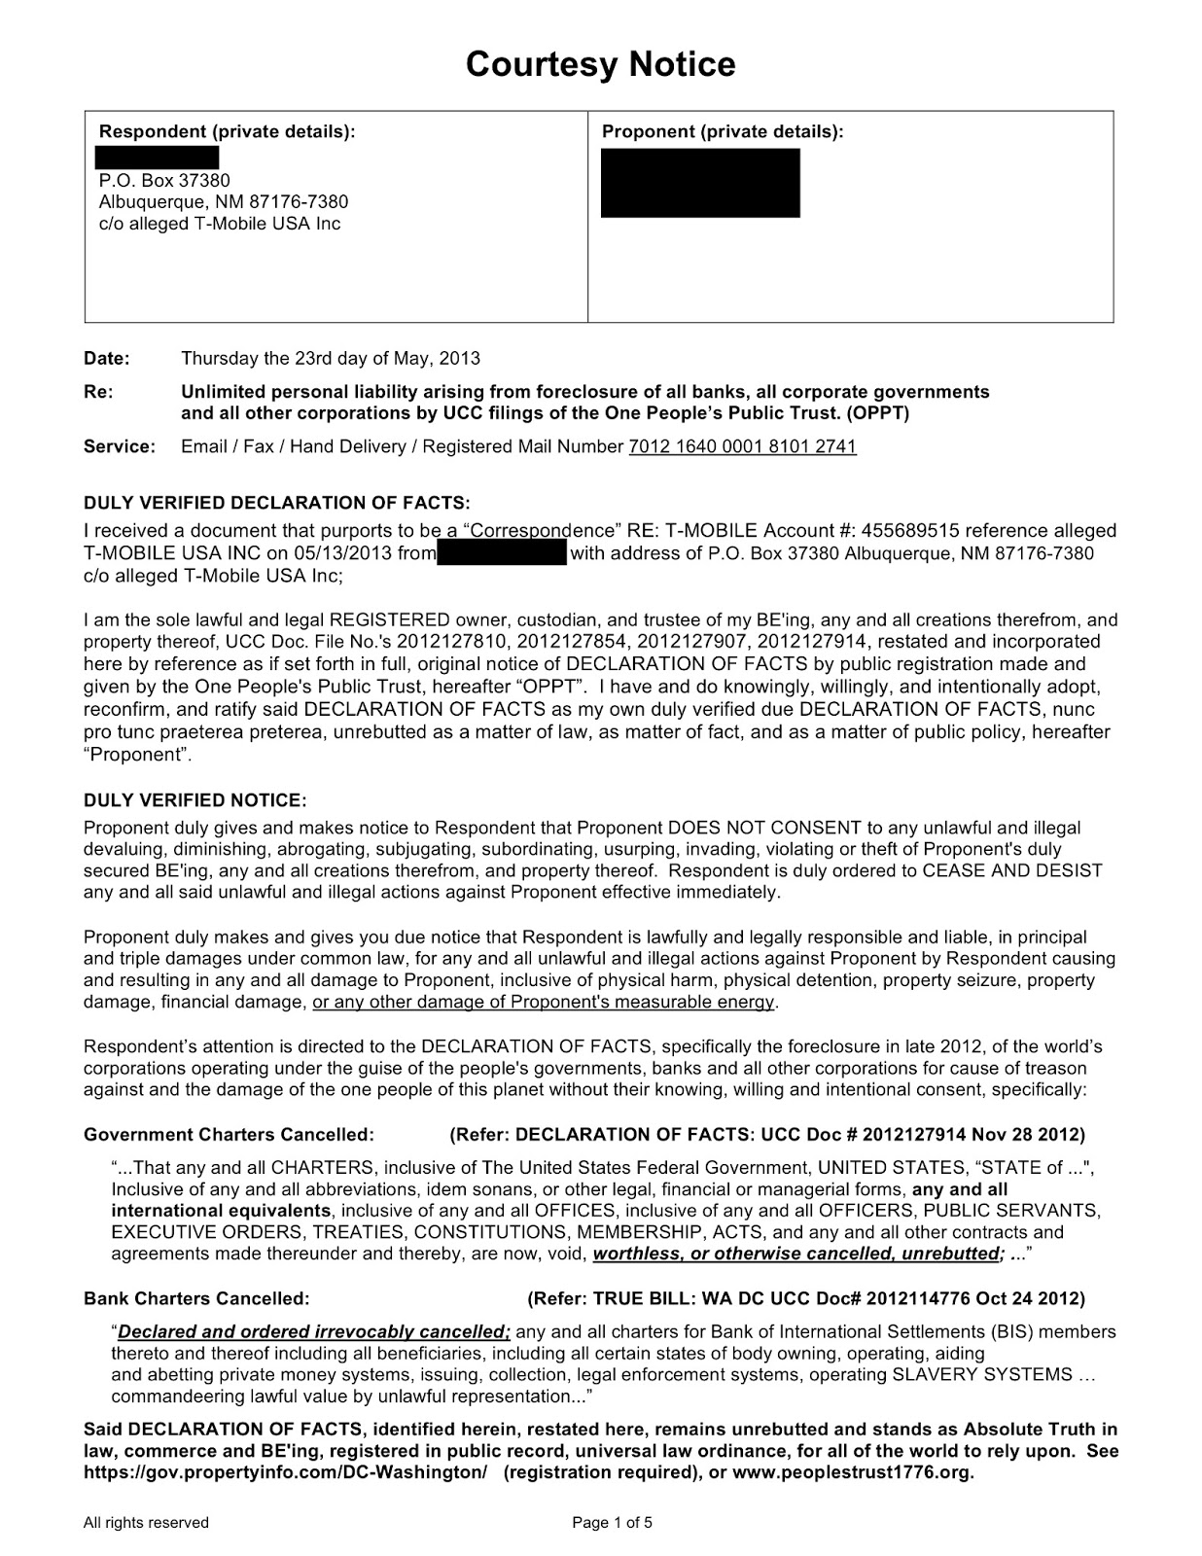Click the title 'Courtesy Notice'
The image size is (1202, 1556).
click(600, 64)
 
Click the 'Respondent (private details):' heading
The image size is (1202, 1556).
click(228, 131)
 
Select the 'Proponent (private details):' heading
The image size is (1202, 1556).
click(723, 131)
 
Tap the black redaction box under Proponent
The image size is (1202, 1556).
click(700, 183)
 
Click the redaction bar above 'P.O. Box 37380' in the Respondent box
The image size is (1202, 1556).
click(157, 158)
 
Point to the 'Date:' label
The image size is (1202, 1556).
click(106, 358)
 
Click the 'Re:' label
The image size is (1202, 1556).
click(97, 392)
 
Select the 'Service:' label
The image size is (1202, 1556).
click(119, 446)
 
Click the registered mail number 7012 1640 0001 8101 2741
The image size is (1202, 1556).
click(742, 446)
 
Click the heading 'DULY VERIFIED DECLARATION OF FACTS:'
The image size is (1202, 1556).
click(276, 503)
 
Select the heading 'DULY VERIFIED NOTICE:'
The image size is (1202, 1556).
click(194, 800)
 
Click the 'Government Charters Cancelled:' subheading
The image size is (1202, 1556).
click(229, 1134)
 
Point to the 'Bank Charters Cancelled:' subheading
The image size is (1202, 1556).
click(196, 1298)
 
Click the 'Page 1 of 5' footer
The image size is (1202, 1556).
click(612, 1522)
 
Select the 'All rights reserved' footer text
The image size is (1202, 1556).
click(146, 1522)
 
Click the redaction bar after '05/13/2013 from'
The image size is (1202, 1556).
click(502, 553)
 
